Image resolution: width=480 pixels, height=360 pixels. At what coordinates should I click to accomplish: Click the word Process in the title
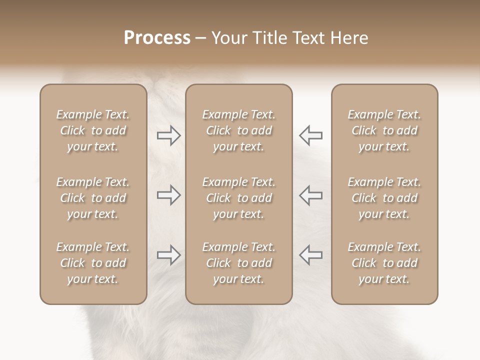click(x=157, y=38)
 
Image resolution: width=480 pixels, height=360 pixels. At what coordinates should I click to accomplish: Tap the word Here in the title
click(x=348, y=38)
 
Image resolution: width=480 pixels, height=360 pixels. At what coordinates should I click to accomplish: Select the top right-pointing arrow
click(x=168, y=135)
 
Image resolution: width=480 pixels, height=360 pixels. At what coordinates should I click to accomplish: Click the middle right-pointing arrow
click(x=168, y=195)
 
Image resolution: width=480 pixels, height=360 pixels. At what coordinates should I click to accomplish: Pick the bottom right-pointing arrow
click(x=168, y=255)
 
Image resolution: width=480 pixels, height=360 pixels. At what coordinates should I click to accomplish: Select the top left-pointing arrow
click(x=310, y=135)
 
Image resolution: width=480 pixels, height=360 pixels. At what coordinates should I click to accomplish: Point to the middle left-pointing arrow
click(x=310, y=195)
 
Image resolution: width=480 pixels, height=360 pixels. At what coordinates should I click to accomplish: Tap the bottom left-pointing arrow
click(x=310, y=255)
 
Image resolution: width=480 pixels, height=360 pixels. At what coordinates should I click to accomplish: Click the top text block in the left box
click(x=93, y=130)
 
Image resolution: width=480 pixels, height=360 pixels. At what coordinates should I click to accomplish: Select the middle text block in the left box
click(x=93, y=198)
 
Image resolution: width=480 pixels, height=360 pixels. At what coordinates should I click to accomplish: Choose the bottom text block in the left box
click(x=93, y=263)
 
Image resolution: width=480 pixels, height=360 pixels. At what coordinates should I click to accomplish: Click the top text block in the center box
click(x=238, y=130)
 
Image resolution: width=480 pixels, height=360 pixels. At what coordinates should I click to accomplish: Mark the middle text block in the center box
click(x=238, y=198)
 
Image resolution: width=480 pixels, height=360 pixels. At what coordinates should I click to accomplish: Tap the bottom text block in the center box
click(x=238, y=263)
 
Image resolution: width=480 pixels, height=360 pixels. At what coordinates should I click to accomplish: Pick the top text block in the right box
click(x=384, y=130)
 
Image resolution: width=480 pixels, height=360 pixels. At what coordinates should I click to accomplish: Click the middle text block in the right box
click(x=384, y=198)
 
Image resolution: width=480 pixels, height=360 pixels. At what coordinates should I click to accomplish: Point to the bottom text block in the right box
click(x=384, y=263)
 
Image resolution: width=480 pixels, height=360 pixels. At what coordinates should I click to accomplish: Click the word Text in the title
click(x=306, y=38)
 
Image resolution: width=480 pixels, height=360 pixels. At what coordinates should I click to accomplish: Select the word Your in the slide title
click(x=228, y=38)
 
